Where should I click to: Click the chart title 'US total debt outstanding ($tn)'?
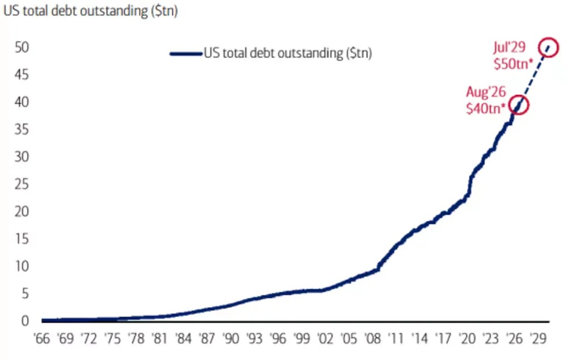point(91,11)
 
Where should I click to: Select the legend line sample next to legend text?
point(186,54)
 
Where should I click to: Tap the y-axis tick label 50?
point(22,47)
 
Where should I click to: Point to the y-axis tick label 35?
point(22,129)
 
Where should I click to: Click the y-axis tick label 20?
point(22,211)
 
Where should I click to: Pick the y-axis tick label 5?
point(24,294)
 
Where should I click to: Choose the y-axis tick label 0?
point(24,320)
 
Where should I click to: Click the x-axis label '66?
point(41,339)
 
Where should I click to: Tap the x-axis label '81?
point(160,339)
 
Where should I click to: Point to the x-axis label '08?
point(372,339)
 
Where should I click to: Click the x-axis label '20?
point(467,339)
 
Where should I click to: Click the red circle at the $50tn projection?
point(548,38)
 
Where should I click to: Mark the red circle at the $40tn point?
point(518,96)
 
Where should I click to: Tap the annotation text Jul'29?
point(509,47)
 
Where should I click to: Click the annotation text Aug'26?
point(486,92)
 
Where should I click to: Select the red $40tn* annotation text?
point(485,109)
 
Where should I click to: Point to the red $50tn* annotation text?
point(513,64)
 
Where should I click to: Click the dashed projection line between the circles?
point(533,76)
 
